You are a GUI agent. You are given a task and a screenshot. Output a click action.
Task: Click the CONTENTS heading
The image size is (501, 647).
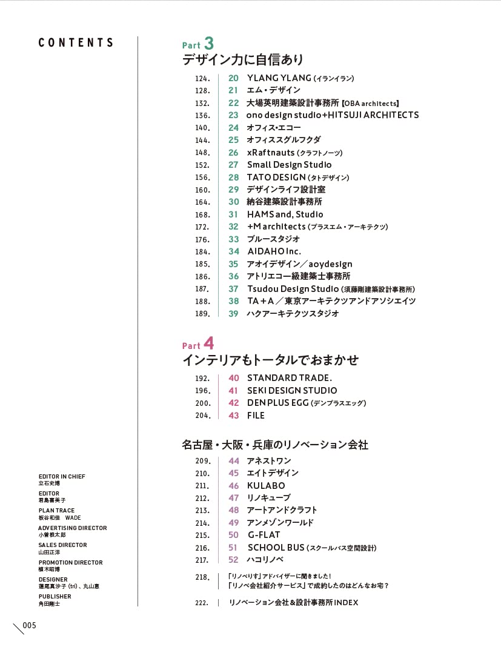76,42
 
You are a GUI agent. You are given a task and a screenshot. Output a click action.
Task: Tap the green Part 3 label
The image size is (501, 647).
197,44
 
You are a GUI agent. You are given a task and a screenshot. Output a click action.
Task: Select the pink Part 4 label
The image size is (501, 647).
197,344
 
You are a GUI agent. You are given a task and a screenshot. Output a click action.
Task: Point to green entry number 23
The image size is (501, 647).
233,115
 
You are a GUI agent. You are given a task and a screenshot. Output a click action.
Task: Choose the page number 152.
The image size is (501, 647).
202,165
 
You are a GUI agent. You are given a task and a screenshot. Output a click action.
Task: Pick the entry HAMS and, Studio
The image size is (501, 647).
285,214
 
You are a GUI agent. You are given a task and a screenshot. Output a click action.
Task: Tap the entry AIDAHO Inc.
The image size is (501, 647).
274,251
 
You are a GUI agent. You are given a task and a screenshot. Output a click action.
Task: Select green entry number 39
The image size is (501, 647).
233,314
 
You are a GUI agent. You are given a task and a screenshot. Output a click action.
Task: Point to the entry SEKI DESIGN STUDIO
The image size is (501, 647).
292,391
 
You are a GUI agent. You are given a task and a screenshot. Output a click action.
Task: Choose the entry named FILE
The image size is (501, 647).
256,416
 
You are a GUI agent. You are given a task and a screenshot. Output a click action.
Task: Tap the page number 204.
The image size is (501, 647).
202,416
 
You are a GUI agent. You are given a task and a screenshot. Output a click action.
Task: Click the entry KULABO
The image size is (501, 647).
266,485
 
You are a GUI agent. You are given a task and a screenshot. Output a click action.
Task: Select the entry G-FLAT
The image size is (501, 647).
264,535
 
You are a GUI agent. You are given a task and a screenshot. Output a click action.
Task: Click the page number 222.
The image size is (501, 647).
202,603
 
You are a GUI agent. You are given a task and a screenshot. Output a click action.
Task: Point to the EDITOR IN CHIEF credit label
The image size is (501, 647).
62,477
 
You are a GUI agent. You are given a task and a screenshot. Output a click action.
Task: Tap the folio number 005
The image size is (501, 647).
30,625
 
